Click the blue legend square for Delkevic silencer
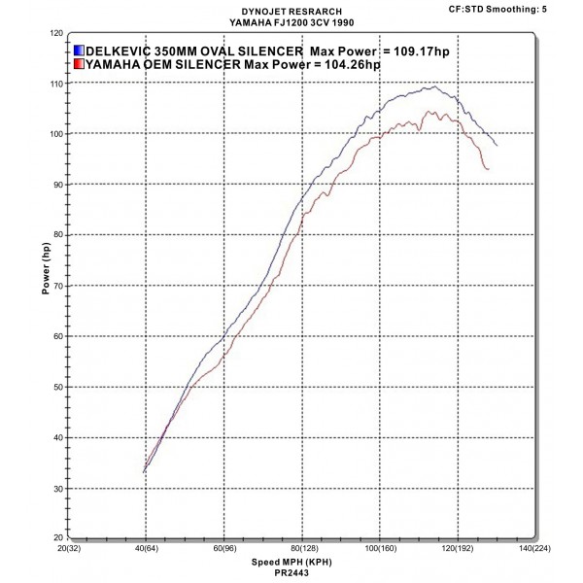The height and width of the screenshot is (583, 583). pos(79,50)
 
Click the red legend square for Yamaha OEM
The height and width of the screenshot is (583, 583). pos(79,64)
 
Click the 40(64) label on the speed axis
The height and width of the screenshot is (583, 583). pos(146,548)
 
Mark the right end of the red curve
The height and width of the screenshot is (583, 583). pos(488,169)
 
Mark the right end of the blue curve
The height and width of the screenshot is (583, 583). pos(497,145)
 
